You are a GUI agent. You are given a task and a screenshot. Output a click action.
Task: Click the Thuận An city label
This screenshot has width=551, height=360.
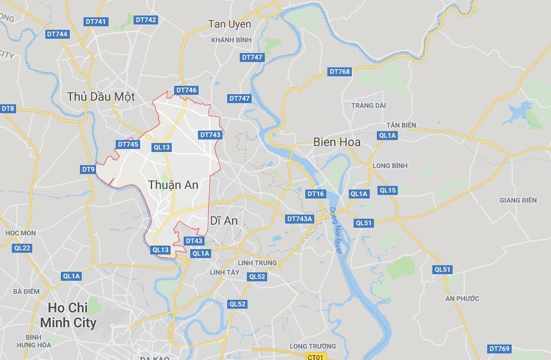(173, 185)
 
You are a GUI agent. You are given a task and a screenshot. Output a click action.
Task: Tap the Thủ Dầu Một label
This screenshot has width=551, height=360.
(101, 97)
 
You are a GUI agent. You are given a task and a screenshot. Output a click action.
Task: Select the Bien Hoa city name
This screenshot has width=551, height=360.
(337, 142)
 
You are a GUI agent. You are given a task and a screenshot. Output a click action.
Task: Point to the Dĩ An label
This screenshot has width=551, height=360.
(224, 221)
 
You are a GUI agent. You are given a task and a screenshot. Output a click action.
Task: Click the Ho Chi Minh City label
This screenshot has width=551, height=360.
(68, 315)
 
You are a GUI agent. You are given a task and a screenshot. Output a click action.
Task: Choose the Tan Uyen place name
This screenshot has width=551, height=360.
(230, 24)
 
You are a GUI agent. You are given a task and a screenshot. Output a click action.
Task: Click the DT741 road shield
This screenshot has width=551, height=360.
(95, 21)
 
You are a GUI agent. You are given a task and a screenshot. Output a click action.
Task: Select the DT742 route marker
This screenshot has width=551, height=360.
(146, 20)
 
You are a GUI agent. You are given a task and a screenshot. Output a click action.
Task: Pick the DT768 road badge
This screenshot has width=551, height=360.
(339, 72)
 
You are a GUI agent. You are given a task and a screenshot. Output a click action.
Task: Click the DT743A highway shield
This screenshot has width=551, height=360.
(299, 219)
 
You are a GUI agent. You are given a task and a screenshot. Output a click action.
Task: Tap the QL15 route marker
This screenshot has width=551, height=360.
(387, 190)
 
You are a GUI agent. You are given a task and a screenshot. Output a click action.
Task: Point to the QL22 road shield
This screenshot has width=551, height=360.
(21, 248)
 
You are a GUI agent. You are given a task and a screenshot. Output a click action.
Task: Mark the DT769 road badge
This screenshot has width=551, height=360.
(499, 349)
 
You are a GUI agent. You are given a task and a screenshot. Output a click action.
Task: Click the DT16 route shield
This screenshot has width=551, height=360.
(315, 194)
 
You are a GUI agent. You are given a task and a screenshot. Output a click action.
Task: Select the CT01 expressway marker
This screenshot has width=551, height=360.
(315, 356)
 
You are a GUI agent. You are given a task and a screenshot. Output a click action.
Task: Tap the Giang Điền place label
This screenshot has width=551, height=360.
(518, 200)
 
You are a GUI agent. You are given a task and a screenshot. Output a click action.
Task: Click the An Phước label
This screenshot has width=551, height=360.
(462, 298)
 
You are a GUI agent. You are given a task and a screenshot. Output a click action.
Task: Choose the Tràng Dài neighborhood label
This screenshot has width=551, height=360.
(369, 105)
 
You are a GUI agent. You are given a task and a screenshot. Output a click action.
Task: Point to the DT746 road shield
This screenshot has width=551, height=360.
(186, 91)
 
